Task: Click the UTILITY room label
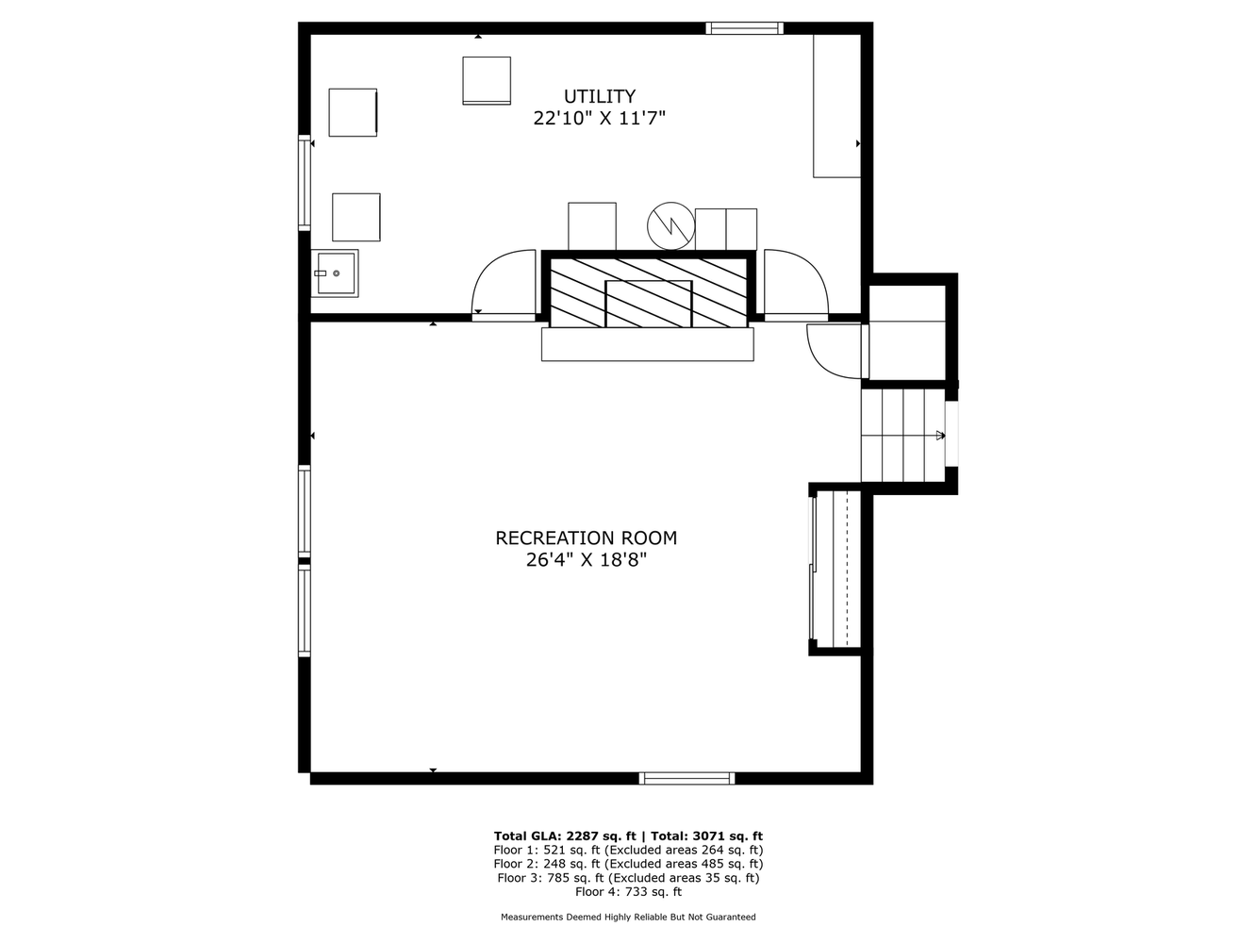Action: (x=599, y=95)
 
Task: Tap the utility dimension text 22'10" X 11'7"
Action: (x=599, y=118)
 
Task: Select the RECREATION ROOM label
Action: (x=586, y=538)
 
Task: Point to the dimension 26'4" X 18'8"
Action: (x=586, y=559)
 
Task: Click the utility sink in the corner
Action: (x=335, y=273)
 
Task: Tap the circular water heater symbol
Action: (x=670, y=225)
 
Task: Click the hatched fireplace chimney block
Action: (x=648, y=292)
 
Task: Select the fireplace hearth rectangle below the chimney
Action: (x=647, y=344)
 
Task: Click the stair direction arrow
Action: (x=940, y=435)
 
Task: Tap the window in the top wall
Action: (x=744, y=28)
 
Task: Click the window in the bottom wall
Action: (x=686, y=778)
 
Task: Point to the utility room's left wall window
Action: (x=305, y=183)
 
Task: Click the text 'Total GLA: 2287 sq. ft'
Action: (x=565, y=835)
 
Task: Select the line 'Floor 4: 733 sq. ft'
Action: (x=628, y=891)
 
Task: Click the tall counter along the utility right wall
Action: (x=836, y=106)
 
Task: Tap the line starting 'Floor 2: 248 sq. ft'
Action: (x=628, y=864)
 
